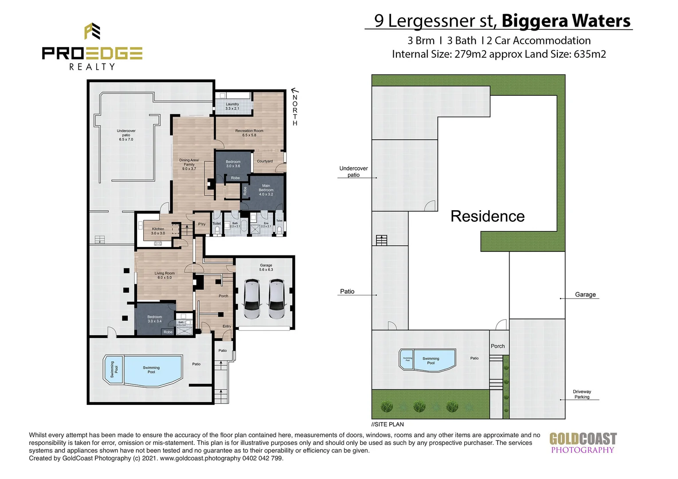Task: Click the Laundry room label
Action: [x=232, y=106]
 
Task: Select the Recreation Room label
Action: [x=249, y=133]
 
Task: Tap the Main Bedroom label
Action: [x=266, y=190]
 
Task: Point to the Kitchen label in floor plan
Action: [x=158, y=231]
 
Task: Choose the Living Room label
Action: [x=165, y=275]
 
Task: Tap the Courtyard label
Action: [x=265, y=161]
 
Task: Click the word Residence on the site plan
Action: [x=487, y=216]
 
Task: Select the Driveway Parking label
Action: [x=582, y=394]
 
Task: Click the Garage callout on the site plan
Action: [x=585, y=294]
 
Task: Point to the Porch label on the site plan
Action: [x=498, y=346]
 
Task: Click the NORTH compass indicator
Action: [x=295, y=108]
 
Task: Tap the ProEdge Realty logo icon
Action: [x=92, y=31]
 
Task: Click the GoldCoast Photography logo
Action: [x=583, y=443]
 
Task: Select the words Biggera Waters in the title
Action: [x=566, y=21]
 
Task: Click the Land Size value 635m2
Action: [x=590, y=54]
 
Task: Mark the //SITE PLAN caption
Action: [x=388, y=424]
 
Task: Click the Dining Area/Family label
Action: [x=189, y=165]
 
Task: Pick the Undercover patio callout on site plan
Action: [x=353, y=172]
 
